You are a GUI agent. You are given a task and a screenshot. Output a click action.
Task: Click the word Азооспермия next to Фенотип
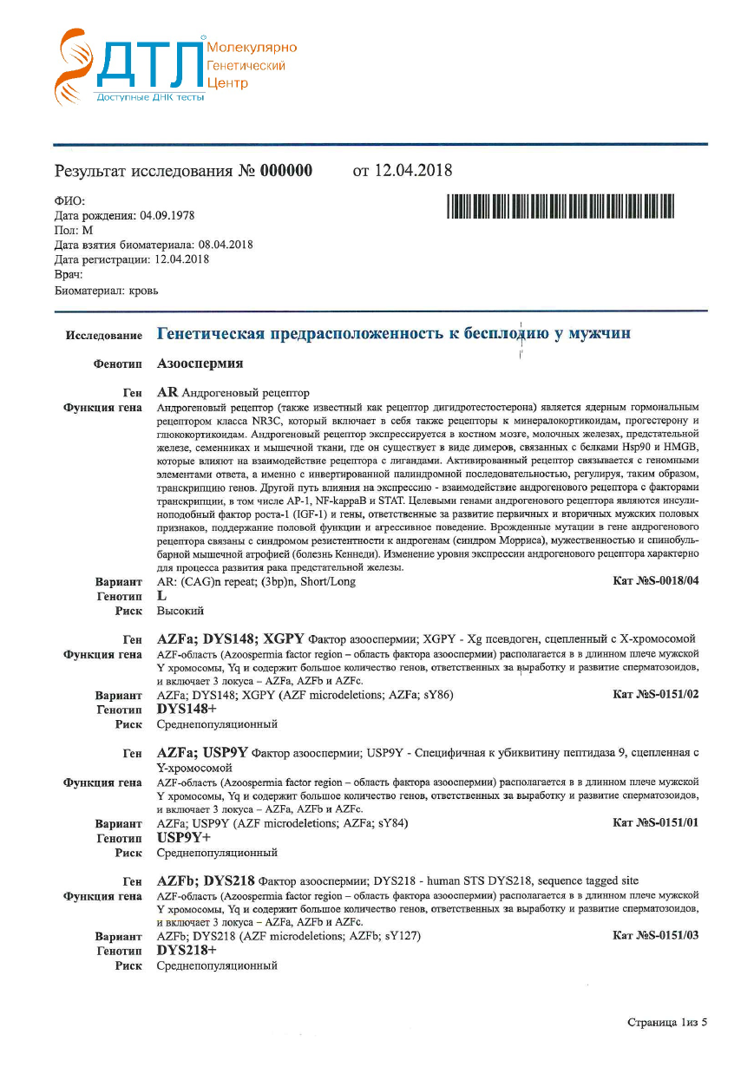point(200,363)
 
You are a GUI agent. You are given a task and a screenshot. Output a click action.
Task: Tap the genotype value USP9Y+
point(183,837)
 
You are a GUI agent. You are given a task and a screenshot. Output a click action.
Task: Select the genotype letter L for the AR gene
point(161,596)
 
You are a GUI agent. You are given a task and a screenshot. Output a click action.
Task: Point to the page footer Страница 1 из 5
point(667,1022)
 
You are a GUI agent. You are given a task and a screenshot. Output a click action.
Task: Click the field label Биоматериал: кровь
point(107,290)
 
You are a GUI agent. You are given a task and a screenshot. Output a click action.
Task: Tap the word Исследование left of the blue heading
point(103,335)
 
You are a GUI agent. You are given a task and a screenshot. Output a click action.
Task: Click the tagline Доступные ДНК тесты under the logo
point(150,96)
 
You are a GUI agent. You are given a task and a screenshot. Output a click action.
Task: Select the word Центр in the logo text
point(227,83)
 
